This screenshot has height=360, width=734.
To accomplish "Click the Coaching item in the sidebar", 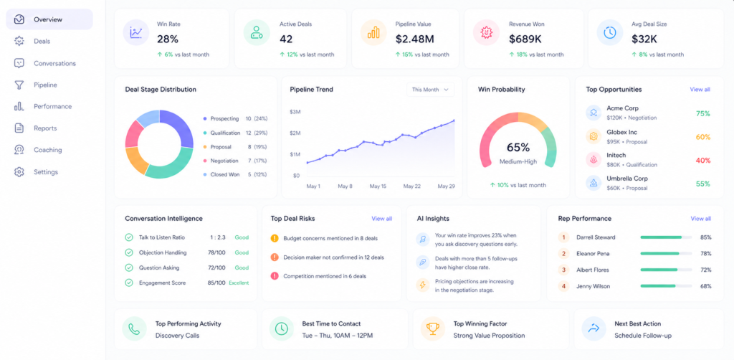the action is click(48, 150).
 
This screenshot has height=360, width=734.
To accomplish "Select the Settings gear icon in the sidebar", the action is click(19, 172).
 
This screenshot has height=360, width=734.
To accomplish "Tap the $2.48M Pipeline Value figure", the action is click(415, 39).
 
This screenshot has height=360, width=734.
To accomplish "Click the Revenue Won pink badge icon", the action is click(487, 32).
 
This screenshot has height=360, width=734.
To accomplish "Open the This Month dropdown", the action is click(430, 90).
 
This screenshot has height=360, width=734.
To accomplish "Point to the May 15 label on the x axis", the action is click(378, 186).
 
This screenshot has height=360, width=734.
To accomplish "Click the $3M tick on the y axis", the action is click(295, 112).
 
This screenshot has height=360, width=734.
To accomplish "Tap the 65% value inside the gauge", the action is click(518, 148).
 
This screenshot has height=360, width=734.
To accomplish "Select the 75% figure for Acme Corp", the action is click(702, 113).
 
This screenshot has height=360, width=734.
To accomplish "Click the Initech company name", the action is click(616, 155).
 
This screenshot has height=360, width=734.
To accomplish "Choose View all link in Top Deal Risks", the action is click(381, 219).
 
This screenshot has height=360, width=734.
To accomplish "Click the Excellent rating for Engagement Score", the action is click(239, 283).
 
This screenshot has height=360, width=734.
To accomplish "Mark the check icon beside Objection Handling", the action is click(129, 253).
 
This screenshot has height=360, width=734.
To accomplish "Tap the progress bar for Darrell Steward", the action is click(666, 237).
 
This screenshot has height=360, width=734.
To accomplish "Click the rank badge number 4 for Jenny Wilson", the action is click(563, 286).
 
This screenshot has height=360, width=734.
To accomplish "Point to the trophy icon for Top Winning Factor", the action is click(432, 328).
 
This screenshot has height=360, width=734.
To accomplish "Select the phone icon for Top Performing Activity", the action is click(134, 328).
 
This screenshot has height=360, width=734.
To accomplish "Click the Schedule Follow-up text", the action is click(637, 336).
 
